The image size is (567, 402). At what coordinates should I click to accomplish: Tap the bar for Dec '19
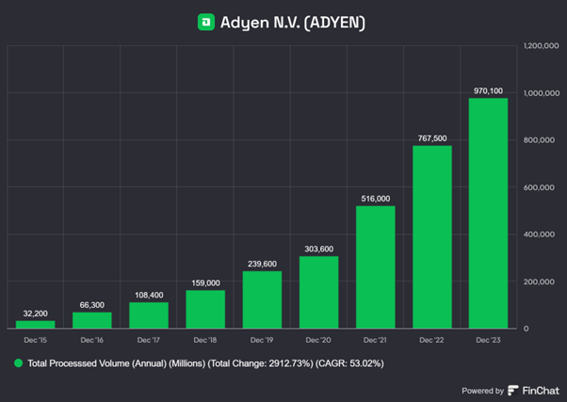coord(262,299)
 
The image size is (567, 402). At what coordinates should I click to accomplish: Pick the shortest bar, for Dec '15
coord(36,324)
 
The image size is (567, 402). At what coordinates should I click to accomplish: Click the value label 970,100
coord(488,90)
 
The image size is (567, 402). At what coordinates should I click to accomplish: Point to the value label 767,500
coord(431,137)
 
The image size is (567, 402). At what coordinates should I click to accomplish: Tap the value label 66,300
coord(92,304)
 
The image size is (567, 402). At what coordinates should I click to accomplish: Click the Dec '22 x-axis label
coord(431,338)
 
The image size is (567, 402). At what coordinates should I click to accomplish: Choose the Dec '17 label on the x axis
coord(149,338)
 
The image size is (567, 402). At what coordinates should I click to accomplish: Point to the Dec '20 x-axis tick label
coord(318,338)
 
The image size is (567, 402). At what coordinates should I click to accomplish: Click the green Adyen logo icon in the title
coord(205,21)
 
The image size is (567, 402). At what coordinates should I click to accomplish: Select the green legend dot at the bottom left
coord(17,362)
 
